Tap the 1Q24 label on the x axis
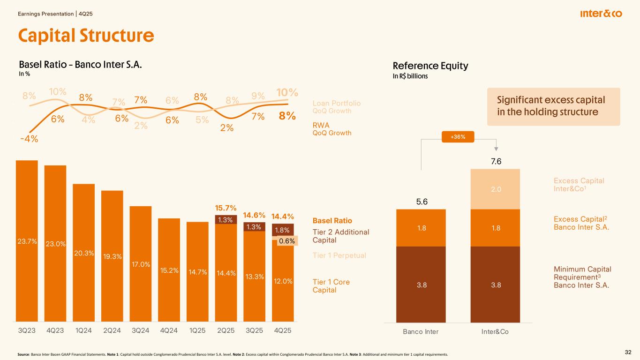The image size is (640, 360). (x=83, y=330)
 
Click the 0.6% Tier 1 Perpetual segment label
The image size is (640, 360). (x=286, y=241)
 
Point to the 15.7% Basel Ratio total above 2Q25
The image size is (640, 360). (x=226, y=208)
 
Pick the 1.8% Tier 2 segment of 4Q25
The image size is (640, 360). (x=283, y=230)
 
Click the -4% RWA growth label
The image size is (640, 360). (x=29, y=139)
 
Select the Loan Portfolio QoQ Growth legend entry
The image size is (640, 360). (x=336, y=107)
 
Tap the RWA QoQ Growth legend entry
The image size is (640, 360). (x=331, y=129)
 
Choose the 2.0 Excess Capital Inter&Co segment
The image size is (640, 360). (x=495, y=189)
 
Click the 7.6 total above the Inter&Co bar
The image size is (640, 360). (x=496, y=162)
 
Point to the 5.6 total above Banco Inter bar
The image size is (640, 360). (x=421, y=202)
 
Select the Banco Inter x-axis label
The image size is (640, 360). (x=421, y=332)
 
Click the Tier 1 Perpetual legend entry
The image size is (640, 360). (x=339, y=255)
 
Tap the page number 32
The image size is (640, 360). (x=628, y=352)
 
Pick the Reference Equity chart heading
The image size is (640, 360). (x=430, y=66)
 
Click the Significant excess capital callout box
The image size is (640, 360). (x=553, y=106)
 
